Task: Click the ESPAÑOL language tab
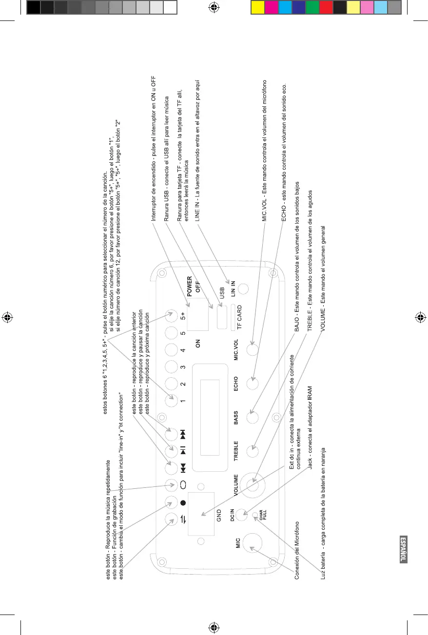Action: pos(403,549)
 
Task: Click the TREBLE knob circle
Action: pos(252,451)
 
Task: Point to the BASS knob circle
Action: pos(252,417)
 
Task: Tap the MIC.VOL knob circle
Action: pos(252,350)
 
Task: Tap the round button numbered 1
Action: pos(171,401)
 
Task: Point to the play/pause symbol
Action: pos(183,451)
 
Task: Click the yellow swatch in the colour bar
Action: pos(257,7)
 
